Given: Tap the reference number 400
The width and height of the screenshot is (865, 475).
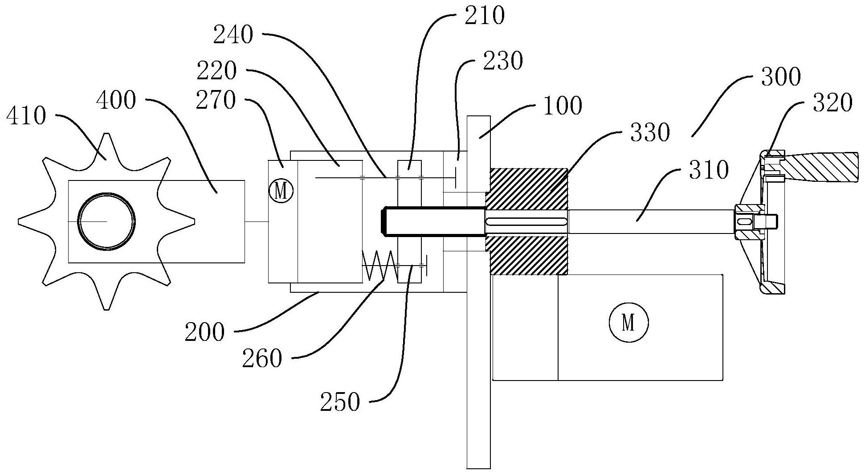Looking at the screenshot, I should click(116, 100).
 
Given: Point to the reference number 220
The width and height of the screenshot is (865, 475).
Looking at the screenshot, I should click(216, 71).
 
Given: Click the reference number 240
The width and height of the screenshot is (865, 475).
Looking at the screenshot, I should click(233, 35).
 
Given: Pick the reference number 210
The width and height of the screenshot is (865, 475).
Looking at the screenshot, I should click(485, 16).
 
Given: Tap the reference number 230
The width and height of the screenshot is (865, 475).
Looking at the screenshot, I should click(502, 61).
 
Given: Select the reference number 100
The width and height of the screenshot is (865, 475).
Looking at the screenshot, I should click(563, 106).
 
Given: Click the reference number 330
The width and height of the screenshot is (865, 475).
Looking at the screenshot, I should click(650, 132).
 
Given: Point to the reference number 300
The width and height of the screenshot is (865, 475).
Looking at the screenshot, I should click(781, 77).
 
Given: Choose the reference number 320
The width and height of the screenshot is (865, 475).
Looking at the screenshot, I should click(832, 103).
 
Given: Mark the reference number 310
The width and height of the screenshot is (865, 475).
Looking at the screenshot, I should click(708, 170).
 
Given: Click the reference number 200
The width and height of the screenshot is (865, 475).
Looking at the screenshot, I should click(204, 332).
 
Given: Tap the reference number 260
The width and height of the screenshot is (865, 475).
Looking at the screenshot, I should click(262, 359).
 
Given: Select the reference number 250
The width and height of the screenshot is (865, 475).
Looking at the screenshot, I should click(339, 402).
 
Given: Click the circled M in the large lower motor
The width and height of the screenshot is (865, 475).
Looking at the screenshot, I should click(628, 323).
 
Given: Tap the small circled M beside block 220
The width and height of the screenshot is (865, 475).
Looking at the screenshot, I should click(282, 191).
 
